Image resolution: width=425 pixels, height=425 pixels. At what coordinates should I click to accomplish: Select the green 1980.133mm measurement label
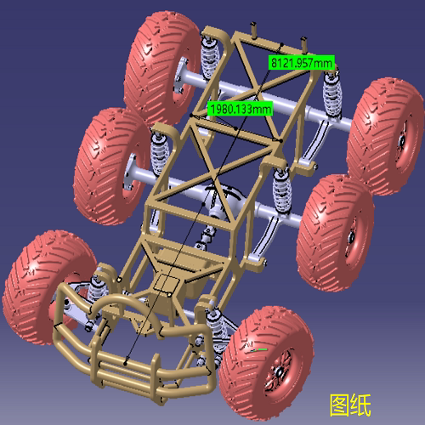point(240,108)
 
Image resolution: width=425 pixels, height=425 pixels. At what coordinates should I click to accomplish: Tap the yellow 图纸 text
point(350,404)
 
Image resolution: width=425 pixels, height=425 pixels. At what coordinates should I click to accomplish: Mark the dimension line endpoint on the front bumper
point(127,363)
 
